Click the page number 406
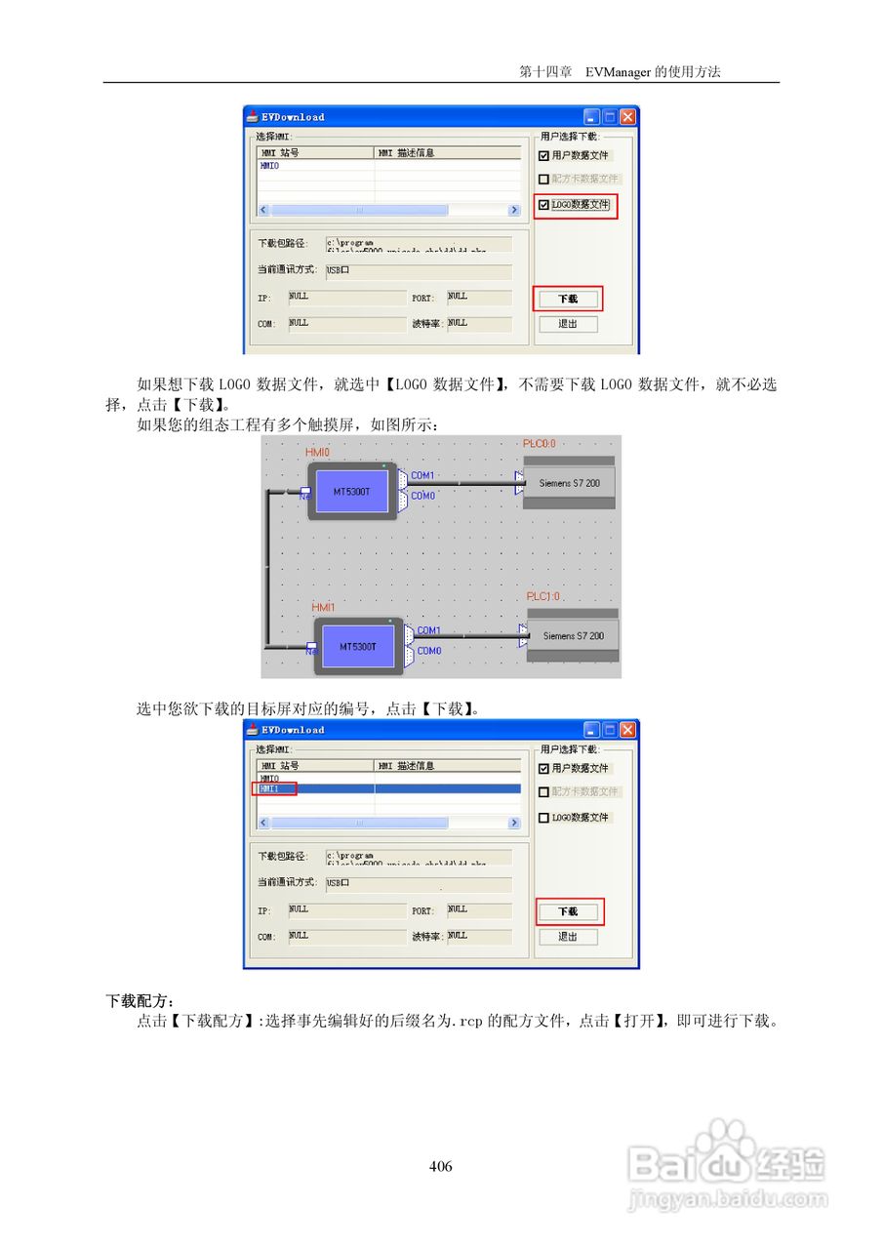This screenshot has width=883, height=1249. pyautogui.click(x=441, y=1166)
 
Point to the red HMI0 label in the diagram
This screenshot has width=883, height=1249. pyautogui.click(x=318, y=453)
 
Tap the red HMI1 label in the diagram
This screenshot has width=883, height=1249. pyautogui.click(x=323, y=607)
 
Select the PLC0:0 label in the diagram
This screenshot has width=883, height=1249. pyautogui.click(x=540, y=444)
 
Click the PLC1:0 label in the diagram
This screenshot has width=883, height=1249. pyautogui.click(x=543, y=596)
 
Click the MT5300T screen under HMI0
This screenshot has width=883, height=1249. pyautogui.click(x=351, y=492)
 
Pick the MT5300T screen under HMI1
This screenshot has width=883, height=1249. pyautogui.click(x=357, y=646)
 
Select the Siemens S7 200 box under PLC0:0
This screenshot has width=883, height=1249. pyautogui.click(x=569, y=483)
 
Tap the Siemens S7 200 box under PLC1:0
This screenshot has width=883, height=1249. pyautogui.click(x=573, y=636)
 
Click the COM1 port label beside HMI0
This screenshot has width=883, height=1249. pyautogui.click(x=422, y=475)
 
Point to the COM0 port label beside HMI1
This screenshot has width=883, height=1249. pyautogui.click(x=429, y=651)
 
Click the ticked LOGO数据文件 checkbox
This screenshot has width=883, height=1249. pyautogui.click(x=544, y=205)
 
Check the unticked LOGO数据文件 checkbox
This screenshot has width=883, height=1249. pyautogui.click(x=544, y=818)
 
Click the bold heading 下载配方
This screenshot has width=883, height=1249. pyautogui.click(x=140, y=1001)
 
